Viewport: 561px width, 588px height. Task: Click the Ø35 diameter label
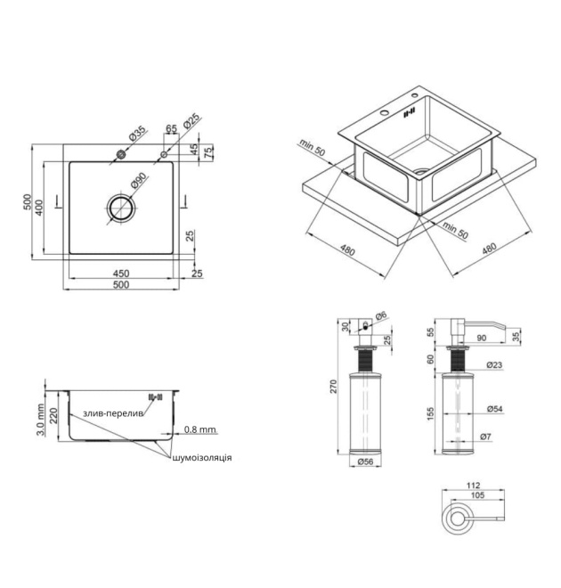pos(137,134)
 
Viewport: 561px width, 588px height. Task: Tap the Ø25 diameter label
pos(191,121)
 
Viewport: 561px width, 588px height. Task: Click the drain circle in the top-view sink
pos(121,208)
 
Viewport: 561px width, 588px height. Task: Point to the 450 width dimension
pos(121,274)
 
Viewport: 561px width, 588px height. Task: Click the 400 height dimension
pos(39,208)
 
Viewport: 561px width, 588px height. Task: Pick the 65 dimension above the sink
pos(171,128)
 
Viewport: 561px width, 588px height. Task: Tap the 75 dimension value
pos(208,152)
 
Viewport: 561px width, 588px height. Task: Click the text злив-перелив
pos(113,413)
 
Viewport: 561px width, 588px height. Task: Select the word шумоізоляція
pos(202,458)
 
